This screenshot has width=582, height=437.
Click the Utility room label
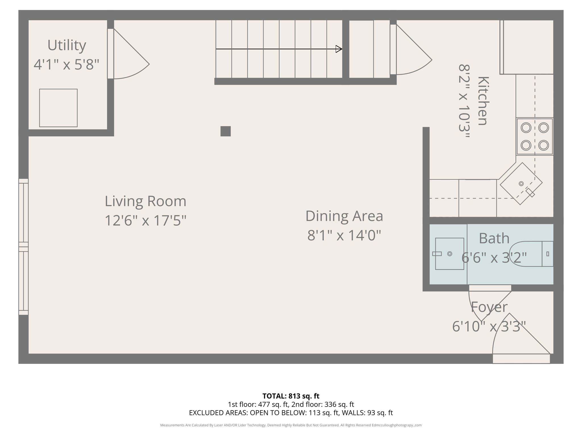click(66, 46)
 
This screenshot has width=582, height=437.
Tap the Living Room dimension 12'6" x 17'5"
click(145, 220)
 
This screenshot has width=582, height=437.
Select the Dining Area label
click(344, 216)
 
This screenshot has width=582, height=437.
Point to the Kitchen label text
click(483, 101)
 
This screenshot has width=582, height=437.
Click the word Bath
click(494, 238)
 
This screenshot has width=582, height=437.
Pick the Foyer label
click(489, 307)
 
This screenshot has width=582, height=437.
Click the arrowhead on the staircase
click(339, 49)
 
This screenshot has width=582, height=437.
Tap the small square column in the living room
click(226, 131)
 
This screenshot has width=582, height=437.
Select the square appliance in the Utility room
click(58, 108)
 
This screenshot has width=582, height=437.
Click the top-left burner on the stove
click(526, 128)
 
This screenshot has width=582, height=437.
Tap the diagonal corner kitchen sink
click(521, 184)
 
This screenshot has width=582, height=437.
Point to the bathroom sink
click(450, 254)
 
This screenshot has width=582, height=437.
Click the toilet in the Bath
click(531, 254)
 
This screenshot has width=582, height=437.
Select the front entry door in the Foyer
click(521, 338)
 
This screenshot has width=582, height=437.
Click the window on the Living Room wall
click(24, 247)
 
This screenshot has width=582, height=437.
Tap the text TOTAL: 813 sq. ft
click(291, 396)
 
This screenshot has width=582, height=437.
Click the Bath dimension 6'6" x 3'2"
click(494, 258)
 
